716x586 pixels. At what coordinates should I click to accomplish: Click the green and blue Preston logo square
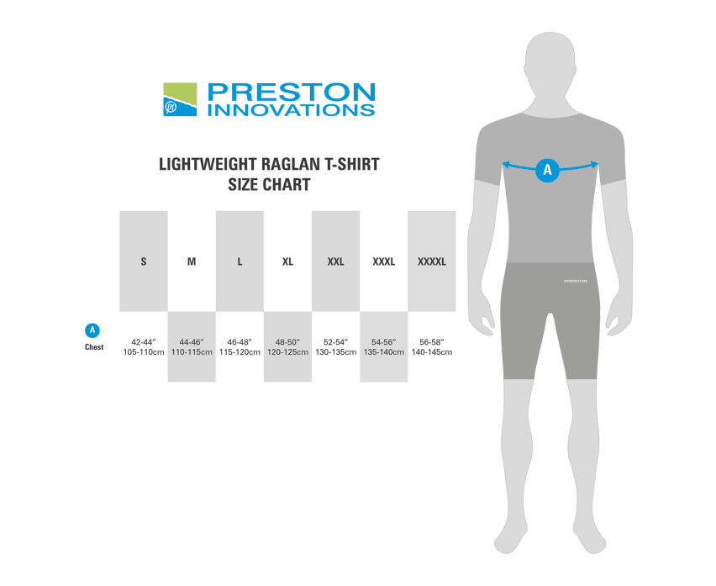click(180, 99)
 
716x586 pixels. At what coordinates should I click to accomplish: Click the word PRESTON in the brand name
click(292, 92)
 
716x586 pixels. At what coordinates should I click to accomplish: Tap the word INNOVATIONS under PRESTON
click(292, 110)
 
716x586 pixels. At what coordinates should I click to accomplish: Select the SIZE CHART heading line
click(270, 184)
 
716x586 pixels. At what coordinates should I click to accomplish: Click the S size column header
click(144, 261)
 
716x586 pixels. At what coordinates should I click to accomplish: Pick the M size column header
click(192, 261)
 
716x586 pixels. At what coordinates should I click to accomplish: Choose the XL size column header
click(287, 261)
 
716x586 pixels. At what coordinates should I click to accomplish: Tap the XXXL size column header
click(383, 261)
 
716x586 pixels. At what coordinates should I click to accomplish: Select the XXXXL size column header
click(432, 261)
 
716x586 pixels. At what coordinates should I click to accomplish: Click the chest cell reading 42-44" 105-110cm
click(144, 347)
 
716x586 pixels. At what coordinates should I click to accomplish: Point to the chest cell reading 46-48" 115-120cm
click(240, 347)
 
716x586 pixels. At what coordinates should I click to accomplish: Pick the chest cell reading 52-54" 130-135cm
click(335, 347)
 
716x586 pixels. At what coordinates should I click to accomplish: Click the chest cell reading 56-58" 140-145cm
click(432, 347)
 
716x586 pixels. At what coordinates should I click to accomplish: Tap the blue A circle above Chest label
click(92, 330)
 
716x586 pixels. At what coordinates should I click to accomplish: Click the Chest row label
click(94, 347)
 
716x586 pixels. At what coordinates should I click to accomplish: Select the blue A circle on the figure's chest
click(547, 170)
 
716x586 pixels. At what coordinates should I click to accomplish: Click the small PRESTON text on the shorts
click(576, 281)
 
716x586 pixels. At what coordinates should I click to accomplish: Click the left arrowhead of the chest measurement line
click(505, 165)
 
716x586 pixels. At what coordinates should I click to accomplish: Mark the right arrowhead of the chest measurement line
click(595, 165)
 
